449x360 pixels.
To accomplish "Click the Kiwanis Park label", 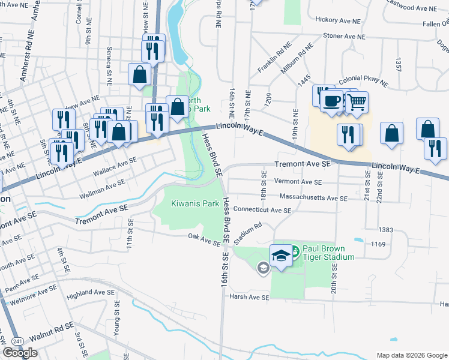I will click(x=196, y=203).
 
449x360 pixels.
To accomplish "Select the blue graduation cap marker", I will click(x=281, y=256).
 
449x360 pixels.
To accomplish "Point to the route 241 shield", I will click(x=17, y=341).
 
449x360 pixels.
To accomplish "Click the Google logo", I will click(x=20, y=353).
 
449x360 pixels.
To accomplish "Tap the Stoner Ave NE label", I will click(x=344, y=36).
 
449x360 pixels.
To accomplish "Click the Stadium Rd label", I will click(x=249, y=233).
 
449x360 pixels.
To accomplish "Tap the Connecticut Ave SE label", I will click(x=262, y=211).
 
